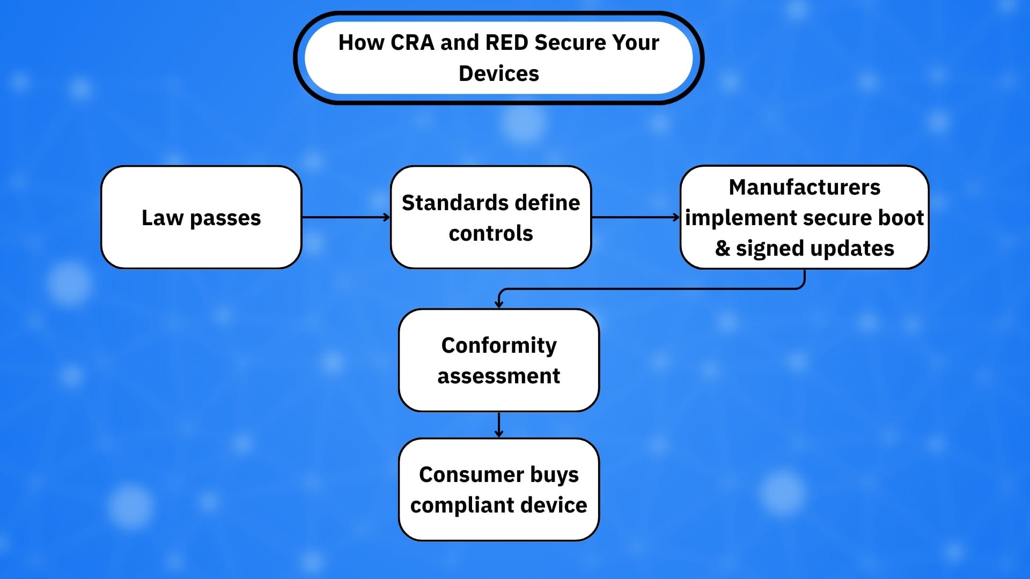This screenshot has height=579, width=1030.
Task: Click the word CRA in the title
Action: point(413,43)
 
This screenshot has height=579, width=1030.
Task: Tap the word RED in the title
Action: point(507,43)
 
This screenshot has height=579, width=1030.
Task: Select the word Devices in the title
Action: point(499,73)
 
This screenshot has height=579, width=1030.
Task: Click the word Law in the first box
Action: point(163,218)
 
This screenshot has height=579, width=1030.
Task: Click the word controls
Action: point(491,234)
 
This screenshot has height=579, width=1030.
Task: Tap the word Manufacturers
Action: point(805,188)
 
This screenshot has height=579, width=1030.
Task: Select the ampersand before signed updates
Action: point(723,248)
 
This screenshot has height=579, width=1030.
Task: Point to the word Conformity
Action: point(499,346)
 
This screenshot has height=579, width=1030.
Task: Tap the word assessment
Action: point(499,376)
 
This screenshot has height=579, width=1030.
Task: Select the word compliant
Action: point(461,506)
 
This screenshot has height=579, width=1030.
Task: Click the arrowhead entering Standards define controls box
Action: point(387,217)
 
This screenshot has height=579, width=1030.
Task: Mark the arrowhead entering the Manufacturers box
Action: point(676,217)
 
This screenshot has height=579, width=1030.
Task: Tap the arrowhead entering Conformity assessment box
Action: point(499,304)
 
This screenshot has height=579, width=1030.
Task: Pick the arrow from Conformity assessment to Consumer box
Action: point(499,425)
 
